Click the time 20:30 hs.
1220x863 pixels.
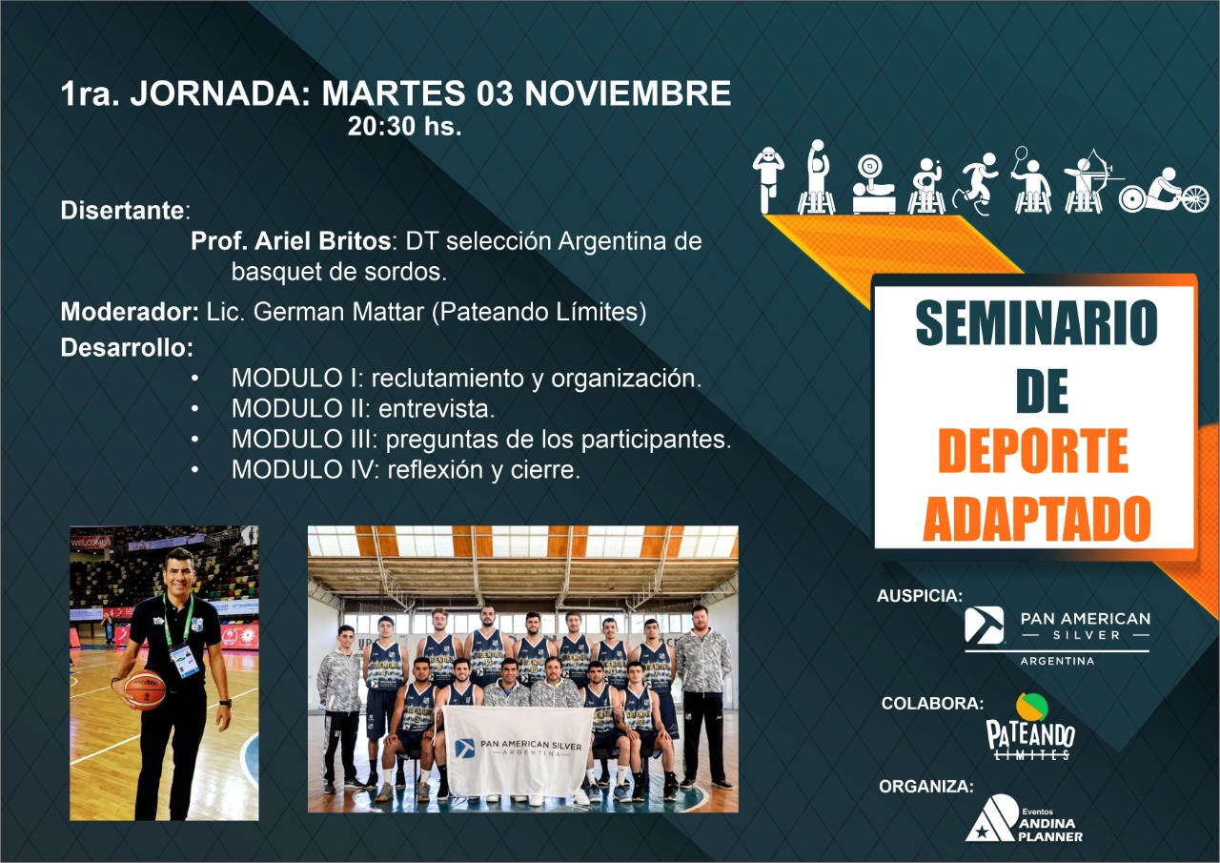[x=405, y=127]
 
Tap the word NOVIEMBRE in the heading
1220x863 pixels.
[x=627, y=92]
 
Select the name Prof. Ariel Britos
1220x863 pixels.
[x=291, y=241]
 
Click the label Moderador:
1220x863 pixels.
[x=130, y=312]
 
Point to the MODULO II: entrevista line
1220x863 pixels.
[x=363, y=409]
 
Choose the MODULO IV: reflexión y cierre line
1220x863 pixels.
[x=406, y=469]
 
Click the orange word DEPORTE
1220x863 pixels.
[x=1033, y=451]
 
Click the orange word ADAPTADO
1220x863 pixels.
[x=1036, y=518]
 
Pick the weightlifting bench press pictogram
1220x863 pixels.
[x=874, y=185]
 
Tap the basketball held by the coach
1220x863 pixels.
[x=145, y=689]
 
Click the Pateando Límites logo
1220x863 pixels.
[x=1030, y=728]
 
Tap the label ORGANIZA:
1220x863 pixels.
[x=926, y=786]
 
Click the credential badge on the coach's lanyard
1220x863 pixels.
[x=185, y=660]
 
